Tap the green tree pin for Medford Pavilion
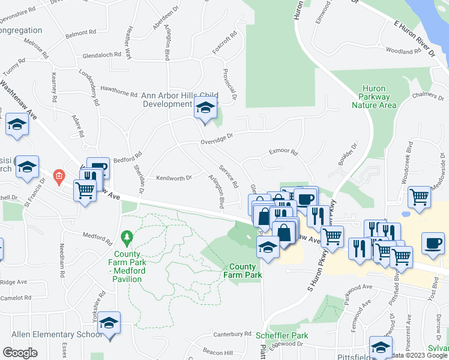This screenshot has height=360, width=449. click(x=126, y=239)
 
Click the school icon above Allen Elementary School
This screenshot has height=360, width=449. click(x=109, y=323)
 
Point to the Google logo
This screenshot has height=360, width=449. click(x=20, y=352)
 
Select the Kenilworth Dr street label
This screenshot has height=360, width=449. click(x=173, y=178)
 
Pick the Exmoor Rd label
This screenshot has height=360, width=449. click(x=283, y=153)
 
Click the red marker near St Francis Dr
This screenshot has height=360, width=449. click(x=58, y=176)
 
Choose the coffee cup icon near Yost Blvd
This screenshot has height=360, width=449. click(x=432, y=242)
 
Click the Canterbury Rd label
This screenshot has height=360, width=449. click(x=231, y=334)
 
